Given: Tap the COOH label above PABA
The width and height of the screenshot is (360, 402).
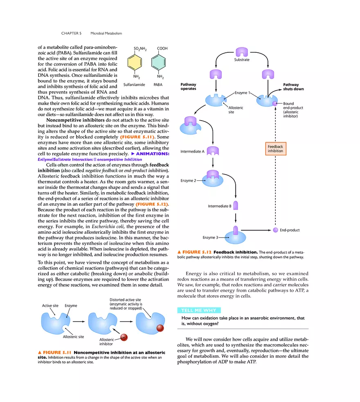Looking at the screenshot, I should (x=162, y=48).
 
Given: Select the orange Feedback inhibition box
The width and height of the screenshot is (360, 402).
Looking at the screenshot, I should (x=275, y=149).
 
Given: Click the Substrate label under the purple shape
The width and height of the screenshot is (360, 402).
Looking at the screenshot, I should (x=241, y=60).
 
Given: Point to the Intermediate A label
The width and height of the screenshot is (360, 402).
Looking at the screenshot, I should (x=192, y=152).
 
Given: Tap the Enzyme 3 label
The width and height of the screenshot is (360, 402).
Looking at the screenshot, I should (x=211, y=237).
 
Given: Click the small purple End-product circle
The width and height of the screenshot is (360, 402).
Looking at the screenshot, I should (x=275, y=230).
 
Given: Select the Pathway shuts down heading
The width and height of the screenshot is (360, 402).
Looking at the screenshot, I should (x=293, y=87).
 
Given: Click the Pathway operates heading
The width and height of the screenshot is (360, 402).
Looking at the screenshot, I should (x=188, y=87).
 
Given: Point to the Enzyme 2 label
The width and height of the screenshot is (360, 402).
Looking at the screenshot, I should (x=189, y=180).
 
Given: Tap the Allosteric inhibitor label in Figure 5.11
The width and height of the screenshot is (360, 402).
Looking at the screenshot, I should (x=106, y=341).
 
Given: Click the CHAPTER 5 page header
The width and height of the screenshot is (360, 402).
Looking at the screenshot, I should (x=72, y=33).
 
